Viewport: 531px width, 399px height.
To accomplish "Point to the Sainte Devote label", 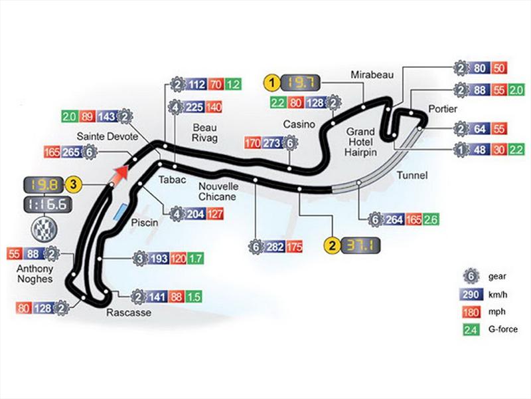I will (101, 136).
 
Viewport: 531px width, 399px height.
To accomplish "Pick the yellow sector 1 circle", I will (271, 82).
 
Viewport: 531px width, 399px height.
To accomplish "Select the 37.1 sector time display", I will (359, 247).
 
